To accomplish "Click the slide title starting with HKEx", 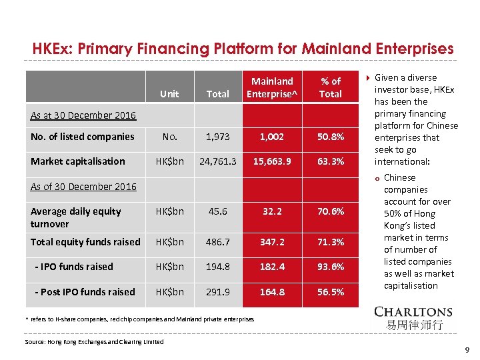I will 243,49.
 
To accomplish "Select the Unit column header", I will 169,94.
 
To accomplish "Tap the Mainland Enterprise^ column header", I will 273,87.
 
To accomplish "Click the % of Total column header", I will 330,87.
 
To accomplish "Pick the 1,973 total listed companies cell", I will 218,137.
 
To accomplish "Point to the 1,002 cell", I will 273,137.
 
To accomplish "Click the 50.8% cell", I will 330,137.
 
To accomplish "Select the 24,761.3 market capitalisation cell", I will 218,161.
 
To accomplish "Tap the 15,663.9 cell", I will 273,161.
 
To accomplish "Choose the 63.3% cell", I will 330,161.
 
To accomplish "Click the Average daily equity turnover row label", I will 76,217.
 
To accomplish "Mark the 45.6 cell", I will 218,211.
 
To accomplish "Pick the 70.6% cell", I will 330,211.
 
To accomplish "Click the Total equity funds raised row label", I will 85,242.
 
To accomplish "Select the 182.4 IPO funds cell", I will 273,267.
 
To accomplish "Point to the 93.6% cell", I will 330,267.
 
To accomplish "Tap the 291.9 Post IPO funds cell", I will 218,292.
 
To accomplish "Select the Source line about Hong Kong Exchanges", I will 94,342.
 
